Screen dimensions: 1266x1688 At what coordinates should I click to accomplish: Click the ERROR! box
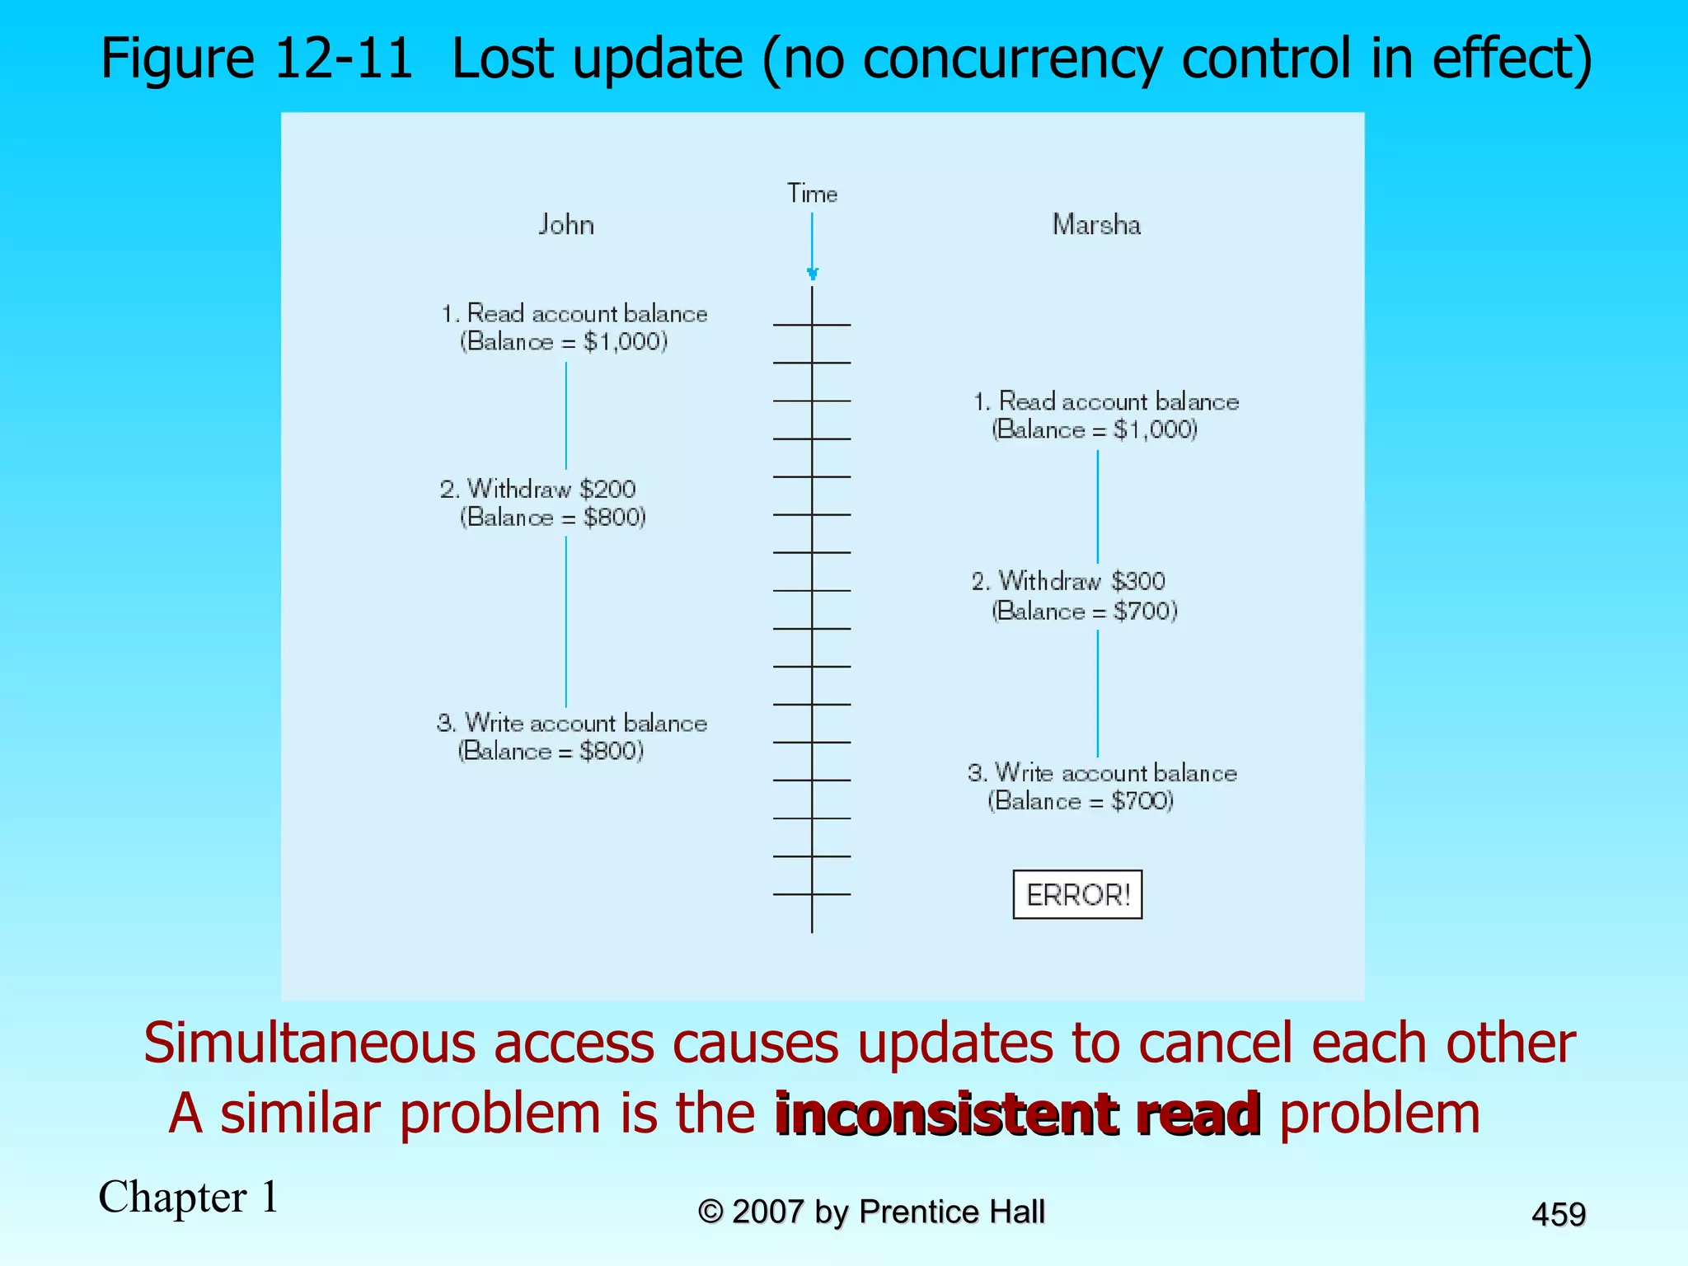[1077, 894]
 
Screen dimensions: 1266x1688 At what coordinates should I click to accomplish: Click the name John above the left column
[566, 225]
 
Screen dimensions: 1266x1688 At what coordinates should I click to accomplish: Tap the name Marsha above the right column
[1096, 225]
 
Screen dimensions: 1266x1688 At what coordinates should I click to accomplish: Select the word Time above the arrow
[812, 194]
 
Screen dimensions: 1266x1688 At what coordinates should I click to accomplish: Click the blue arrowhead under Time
[812, 274]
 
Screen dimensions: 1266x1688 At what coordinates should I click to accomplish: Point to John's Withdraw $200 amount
[607, 489]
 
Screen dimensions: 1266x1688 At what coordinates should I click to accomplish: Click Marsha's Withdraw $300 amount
[1137, 581]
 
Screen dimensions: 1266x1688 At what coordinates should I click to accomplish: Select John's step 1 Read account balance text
[587, 314]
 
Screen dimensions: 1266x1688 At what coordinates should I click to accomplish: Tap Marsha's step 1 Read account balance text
[1118, 401]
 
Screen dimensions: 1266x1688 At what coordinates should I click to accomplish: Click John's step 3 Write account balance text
[586, 723]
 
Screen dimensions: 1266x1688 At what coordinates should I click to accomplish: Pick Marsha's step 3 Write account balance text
[1116, 773]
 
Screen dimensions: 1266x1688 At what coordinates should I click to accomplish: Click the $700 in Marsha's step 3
[1142, 800]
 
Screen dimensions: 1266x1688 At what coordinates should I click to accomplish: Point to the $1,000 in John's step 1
[625, 342]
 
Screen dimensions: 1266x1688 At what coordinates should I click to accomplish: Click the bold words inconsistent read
[1017, 1114]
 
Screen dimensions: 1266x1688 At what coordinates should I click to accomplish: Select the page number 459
[1558, 1214]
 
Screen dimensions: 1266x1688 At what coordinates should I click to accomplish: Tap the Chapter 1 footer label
[189, 1197]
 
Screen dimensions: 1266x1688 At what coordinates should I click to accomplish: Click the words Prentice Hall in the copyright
[951, 1212]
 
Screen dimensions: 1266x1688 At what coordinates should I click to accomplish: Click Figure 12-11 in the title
[256, 58]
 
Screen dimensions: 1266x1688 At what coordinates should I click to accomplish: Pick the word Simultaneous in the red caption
[310, 1043]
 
